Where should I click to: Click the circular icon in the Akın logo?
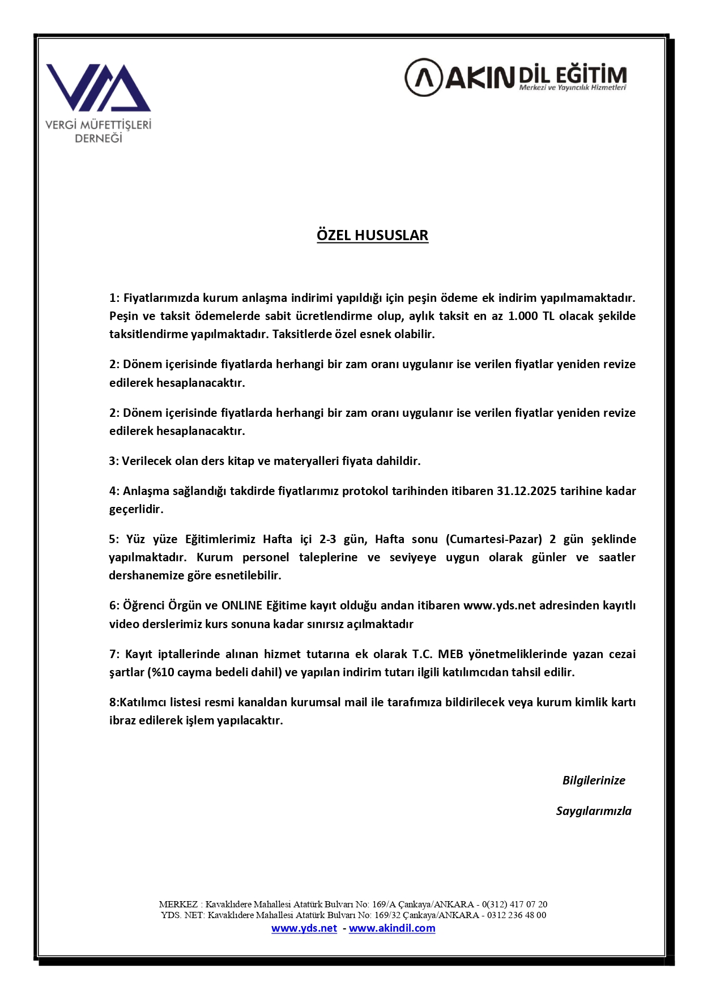tap(423, 77)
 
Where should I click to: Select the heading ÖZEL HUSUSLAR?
tap(372, 235)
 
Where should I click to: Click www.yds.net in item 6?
tap(499, 605)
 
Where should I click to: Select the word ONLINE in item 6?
tap(242, 605)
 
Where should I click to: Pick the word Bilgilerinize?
tap(594, 780)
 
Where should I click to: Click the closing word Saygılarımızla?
tap(594, 811)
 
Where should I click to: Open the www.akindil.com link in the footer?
tap(392, 928)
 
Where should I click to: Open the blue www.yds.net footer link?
tap(304, 928)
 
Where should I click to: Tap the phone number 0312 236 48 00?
tap(517, 915)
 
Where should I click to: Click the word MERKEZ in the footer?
tap(178, 905)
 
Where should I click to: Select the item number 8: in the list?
tap(114, 702)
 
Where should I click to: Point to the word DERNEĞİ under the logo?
tap(99, 138)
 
